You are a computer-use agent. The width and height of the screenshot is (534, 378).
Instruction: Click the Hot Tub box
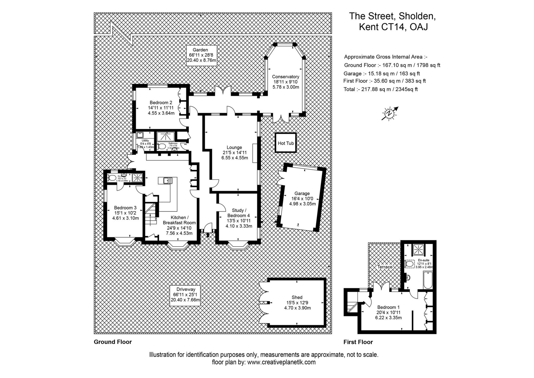(286, 143)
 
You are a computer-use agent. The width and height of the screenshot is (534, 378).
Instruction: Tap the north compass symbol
(389, 114)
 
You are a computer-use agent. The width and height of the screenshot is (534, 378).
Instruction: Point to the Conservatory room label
(286, 82)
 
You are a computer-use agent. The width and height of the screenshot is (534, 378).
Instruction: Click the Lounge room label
(234, 153)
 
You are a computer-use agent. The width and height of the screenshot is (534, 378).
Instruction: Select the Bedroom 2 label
(161, 108)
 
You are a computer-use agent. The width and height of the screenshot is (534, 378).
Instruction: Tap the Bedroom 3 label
(125, 213)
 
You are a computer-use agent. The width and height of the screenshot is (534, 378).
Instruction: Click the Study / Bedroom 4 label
(239, 218)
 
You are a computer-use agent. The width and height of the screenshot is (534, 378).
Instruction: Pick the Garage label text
(302, 199)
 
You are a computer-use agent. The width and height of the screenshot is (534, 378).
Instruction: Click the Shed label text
(297, 303)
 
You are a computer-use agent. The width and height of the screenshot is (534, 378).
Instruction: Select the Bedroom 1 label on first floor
(388, 312)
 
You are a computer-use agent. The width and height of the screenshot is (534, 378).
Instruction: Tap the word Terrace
(385, 267)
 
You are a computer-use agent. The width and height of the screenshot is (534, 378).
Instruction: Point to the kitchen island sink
(165, 181)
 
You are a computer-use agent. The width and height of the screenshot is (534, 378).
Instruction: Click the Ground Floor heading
(113, 342)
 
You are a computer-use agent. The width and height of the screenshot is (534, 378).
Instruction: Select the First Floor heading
(358, 342)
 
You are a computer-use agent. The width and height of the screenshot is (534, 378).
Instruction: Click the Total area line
(381, 89)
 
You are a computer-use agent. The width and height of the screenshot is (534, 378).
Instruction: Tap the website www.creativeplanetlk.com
(281, 362)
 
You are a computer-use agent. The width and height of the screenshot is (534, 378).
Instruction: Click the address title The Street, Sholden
(392, 16)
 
